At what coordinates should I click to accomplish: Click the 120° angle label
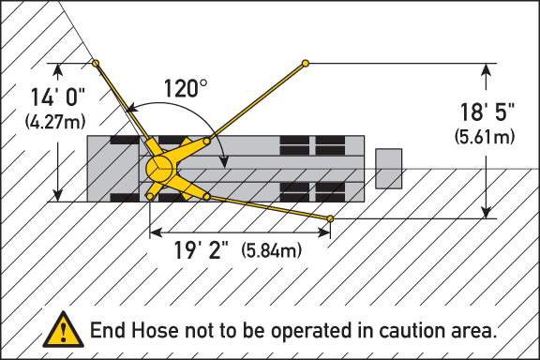click(x=186, y=89)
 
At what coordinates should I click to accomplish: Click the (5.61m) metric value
click(x=485, y=136)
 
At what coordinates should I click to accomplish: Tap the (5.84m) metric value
click(x=272, y=251)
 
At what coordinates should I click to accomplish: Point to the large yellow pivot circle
click(x=159, y=169)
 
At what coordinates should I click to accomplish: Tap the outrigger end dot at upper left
click(x=96, y=63)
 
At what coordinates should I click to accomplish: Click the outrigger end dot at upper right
click(x=306, y=64)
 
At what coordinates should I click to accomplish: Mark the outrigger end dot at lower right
click(x=330, y=219)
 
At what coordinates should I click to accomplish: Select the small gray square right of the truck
click(x=389, y=169)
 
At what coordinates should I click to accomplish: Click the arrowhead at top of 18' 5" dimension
click(x=488, y=68)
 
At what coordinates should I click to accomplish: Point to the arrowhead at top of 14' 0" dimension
click(x=59, y=68)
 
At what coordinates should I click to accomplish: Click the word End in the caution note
click(x=107, y=331)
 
